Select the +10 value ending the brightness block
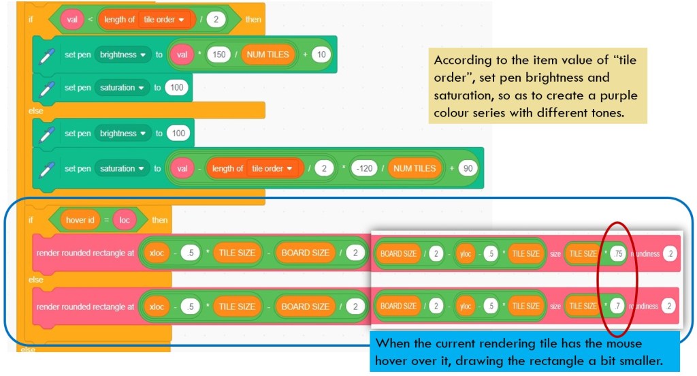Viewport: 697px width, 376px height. coord(321,54)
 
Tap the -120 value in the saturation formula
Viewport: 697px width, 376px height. coord(366,168)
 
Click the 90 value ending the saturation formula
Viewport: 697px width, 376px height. coord(468,168)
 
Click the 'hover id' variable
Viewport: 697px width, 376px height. coord(76,220)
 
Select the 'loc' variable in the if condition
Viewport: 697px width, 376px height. coord(126,220)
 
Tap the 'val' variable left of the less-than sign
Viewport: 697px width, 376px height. coord(72,20)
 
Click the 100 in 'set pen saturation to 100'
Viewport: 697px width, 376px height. coord(176,88)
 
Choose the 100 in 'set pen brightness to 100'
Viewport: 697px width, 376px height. coord(178,134)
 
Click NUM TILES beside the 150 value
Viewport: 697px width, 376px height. coord(268,54)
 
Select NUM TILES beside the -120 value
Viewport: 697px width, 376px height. coord(413,168)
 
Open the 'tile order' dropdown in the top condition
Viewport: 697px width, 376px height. coord(163,20)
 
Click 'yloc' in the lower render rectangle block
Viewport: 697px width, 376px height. coord(466,307)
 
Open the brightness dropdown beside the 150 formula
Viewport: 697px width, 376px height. coord(123,54)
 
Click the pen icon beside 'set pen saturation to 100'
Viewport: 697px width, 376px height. coord(46,89)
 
